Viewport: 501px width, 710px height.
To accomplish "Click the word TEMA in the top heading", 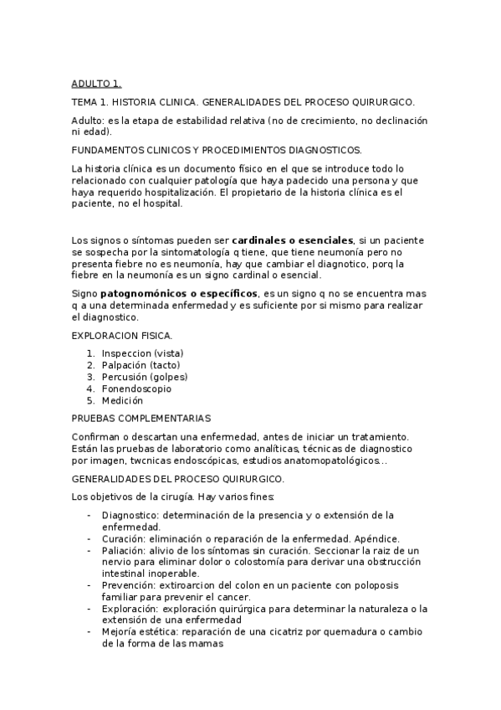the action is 85,101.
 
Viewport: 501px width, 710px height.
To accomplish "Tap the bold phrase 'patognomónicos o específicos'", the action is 179,294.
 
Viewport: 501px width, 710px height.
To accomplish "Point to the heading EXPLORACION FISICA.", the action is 122,336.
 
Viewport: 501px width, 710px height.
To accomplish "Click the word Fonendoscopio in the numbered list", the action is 136,388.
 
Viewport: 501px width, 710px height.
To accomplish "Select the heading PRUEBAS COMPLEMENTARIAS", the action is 141,418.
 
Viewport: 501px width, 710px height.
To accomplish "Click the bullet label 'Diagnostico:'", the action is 130,514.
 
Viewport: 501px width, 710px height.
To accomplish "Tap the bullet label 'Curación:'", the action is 124,538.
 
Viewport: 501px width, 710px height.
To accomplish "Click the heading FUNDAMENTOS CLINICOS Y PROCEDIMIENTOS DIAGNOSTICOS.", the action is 217,149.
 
